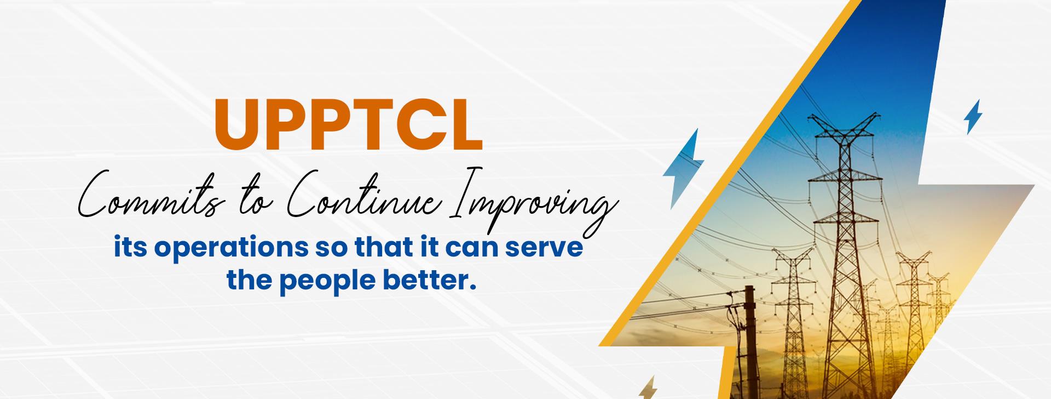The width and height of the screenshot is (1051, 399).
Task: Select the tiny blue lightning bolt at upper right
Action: (973, 117)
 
